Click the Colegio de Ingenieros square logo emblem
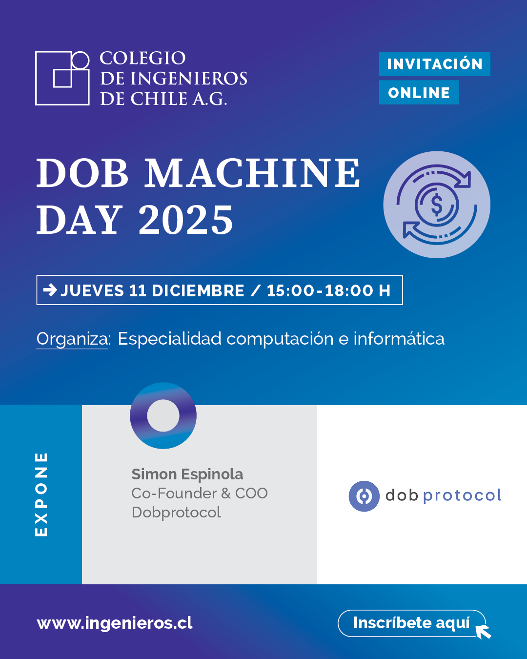point(62,78)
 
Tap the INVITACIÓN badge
point(434,64)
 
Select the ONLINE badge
point(419,93)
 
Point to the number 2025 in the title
point(186,220)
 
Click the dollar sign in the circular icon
point(437,205)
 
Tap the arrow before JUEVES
point(50,290)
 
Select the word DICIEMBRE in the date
point(198,291)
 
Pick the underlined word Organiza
point(72,339)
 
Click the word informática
point(399,339)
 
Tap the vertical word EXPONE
point(41,494)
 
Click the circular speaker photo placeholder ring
point(163,415)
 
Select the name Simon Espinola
point(187,474)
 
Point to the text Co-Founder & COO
point(200,494)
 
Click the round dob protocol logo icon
point(364,496)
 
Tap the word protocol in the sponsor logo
point(462,496)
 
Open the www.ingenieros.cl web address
point(115,623)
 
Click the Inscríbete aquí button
point(411,623)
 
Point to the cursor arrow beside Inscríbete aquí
point(483,632)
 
